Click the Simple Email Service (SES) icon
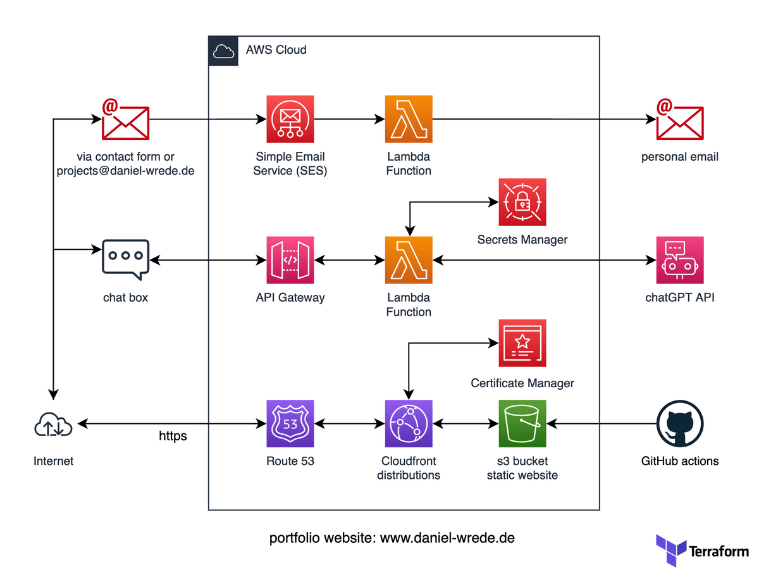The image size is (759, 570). (x=290, y=119)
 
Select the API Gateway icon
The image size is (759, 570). (x=290, y=260)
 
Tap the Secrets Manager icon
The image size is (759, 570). (x=522, y=202)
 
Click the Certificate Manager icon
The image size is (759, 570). (x=522, y=343)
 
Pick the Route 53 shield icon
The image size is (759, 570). (x=290, y=423)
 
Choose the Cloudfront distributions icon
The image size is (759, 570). (x=409, y=423)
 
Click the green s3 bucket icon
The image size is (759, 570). (x=522, y=423)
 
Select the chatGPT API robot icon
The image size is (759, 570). (x=680, y=260)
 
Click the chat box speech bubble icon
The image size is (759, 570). (x=125, y=259)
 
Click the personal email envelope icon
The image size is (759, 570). (x=680, y=120)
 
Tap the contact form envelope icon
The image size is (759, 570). (x=125, y=120)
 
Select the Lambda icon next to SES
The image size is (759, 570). (x=409, y=119)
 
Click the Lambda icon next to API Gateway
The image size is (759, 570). (x=409, y=260)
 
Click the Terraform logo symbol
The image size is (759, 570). (x=671, y=550)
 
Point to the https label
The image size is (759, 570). (x=173, y=436)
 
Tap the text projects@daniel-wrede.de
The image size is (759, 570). (x=126, y=171)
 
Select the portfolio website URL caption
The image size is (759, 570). (x=392, y=538)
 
